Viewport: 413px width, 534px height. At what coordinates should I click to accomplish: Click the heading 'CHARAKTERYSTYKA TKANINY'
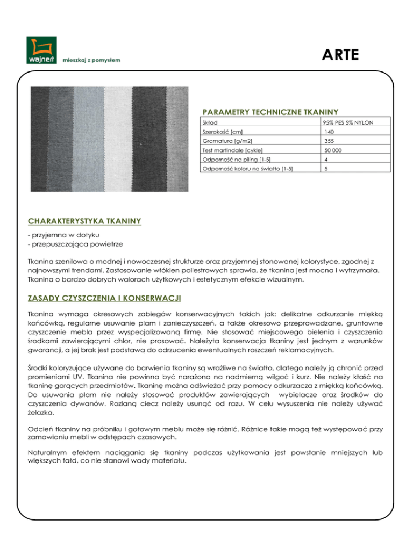[84, 220]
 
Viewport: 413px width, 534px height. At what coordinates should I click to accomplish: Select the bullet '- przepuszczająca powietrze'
[70, 243]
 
